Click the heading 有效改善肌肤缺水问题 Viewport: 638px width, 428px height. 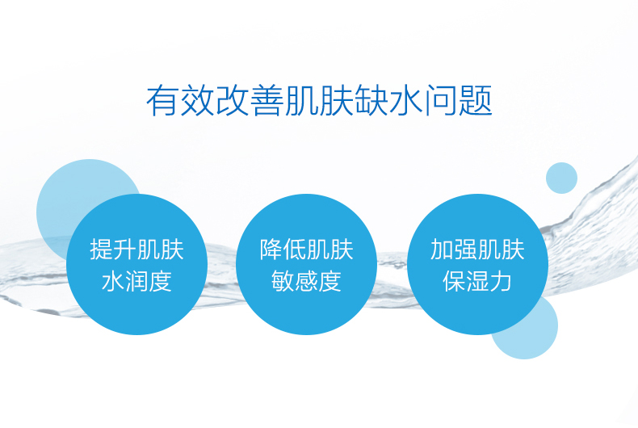pos(319,101)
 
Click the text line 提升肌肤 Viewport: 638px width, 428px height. pos(137,249)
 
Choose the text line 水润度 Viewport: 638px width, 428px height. pos(137,281)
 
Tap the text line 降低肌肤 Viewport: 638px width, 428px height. pos(307,249)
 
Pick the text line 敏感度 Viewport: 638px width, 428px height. pos(307,281)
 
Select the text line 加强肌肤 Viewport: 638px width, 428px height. pos(477,249)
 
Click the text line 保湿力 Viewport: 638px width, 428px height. pos(477,281)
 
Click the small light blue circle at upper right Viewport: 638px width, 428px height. pos(561,178)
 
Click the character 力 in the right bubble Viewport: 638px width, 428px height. pos(502,281)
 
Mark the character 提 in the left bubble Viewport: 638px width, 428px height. pos(102,249)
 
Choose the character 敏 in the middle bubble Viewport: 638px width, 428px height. pos(283,281)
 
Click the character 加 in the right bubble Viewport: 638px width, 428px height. pos(442,249)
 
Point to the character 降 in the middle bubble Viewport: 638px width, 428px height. pos(271,249)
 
